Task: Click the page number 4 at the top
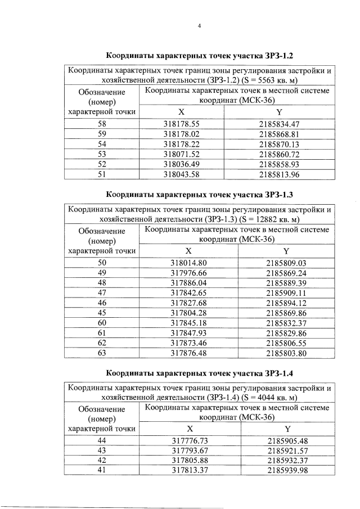pos(200,25)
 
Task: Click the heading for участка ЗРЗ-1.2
pos(200,56)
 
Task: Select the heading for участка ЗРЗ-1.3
pos(200,196)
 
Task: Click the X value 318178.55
pos(182,124)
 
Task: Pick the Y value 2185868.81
pos(279,134)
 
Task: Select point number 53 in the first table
pos(102,154)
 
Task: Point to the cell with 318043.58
pos(182,174)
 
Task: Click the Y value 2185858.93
pos(279,164)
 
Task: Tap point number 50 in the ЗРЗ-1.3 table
pos(102,263)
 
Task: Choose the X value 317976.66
pos(188,273)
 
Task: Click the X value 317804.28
pos(188,313)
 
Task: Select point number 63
pos(102,354)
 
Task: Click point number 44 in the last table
pos(102,440)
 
